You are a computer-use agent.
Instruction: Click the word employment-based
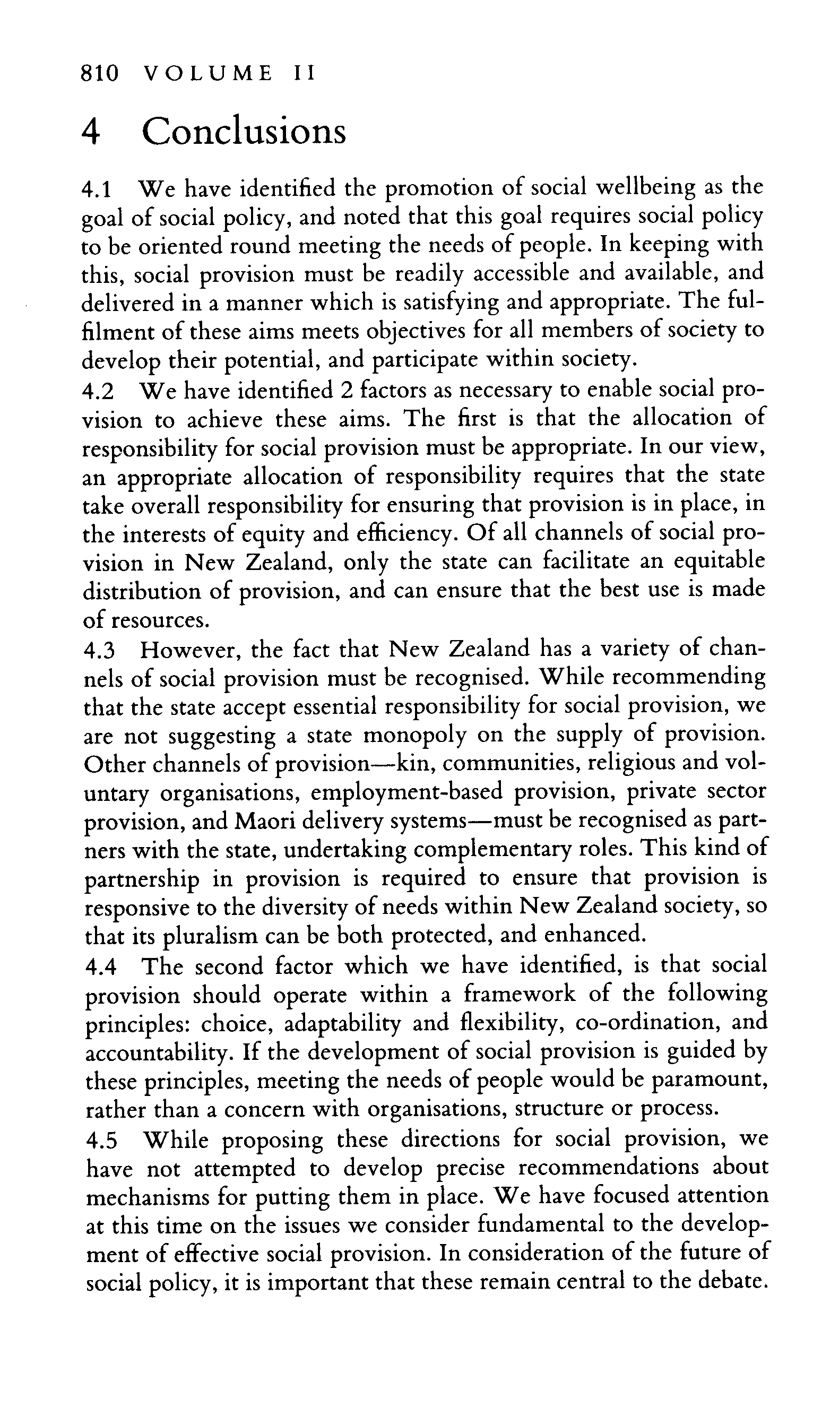[406, 793]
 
